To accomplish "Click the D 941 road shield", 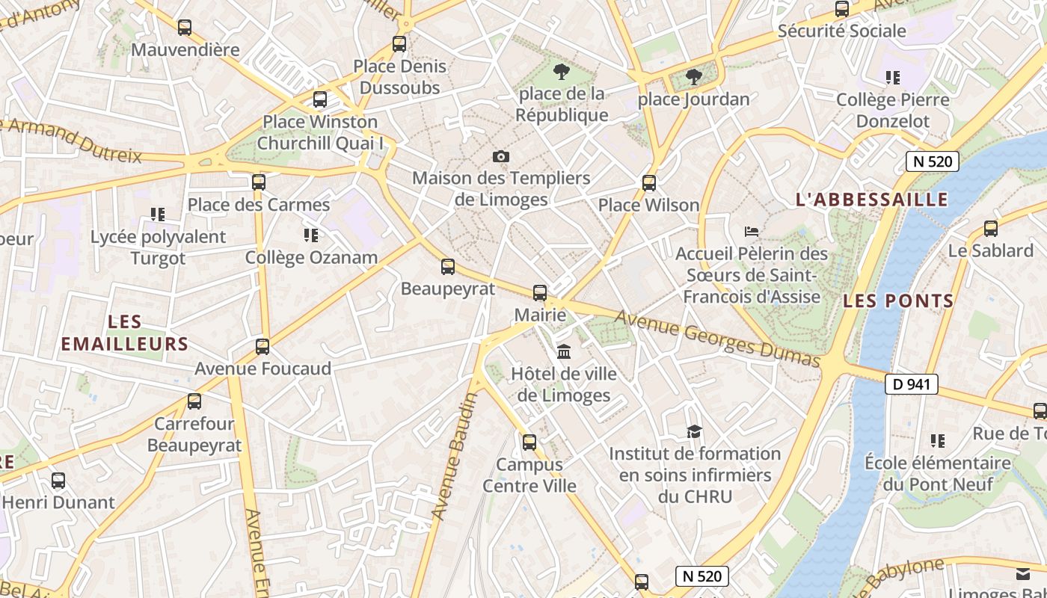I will [x=911, y=384].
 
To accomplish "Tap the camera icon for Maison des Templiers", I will [x=501, y=156].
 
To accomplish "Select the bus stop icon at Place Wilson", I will [x=648, y=182].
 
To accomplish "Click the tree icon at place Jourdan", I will [x=694, y=76].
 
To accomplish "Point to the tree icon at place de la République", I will [x=561, y=72].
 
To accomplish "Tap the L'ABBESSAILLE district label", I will [x=871, y=200].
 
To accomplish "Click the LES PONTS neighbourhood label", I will [x=898, y=301].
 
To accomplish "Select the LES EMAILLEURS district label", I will [x=124, y=333].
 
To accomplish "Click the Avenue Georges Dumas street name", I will [x=717, y=339].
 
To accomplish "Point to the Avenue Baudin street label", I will [x=455, y=456].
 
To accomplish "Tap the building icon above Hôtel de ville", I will [x=564, y=351].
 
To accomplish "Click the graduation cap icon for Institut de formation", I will [x=694, y=431].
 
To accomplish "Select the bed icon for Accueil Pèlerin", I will [x=751, y=232].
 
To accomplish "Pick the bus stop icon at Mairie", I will [x=539, y=292].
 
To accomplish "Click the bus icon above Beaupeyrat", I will [x=447, y=266].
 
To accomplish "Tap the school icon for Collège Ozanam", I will [x=311, y=235].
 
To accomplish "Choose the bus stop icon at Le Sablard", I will [x=990, y=228].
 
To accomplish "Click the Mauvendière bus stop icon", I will [x=184, y=28].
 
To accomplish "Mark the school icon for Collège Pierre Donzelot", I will [x=892, y=77].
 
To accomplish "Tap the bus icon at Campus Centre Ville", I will [x=529, y=442].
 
